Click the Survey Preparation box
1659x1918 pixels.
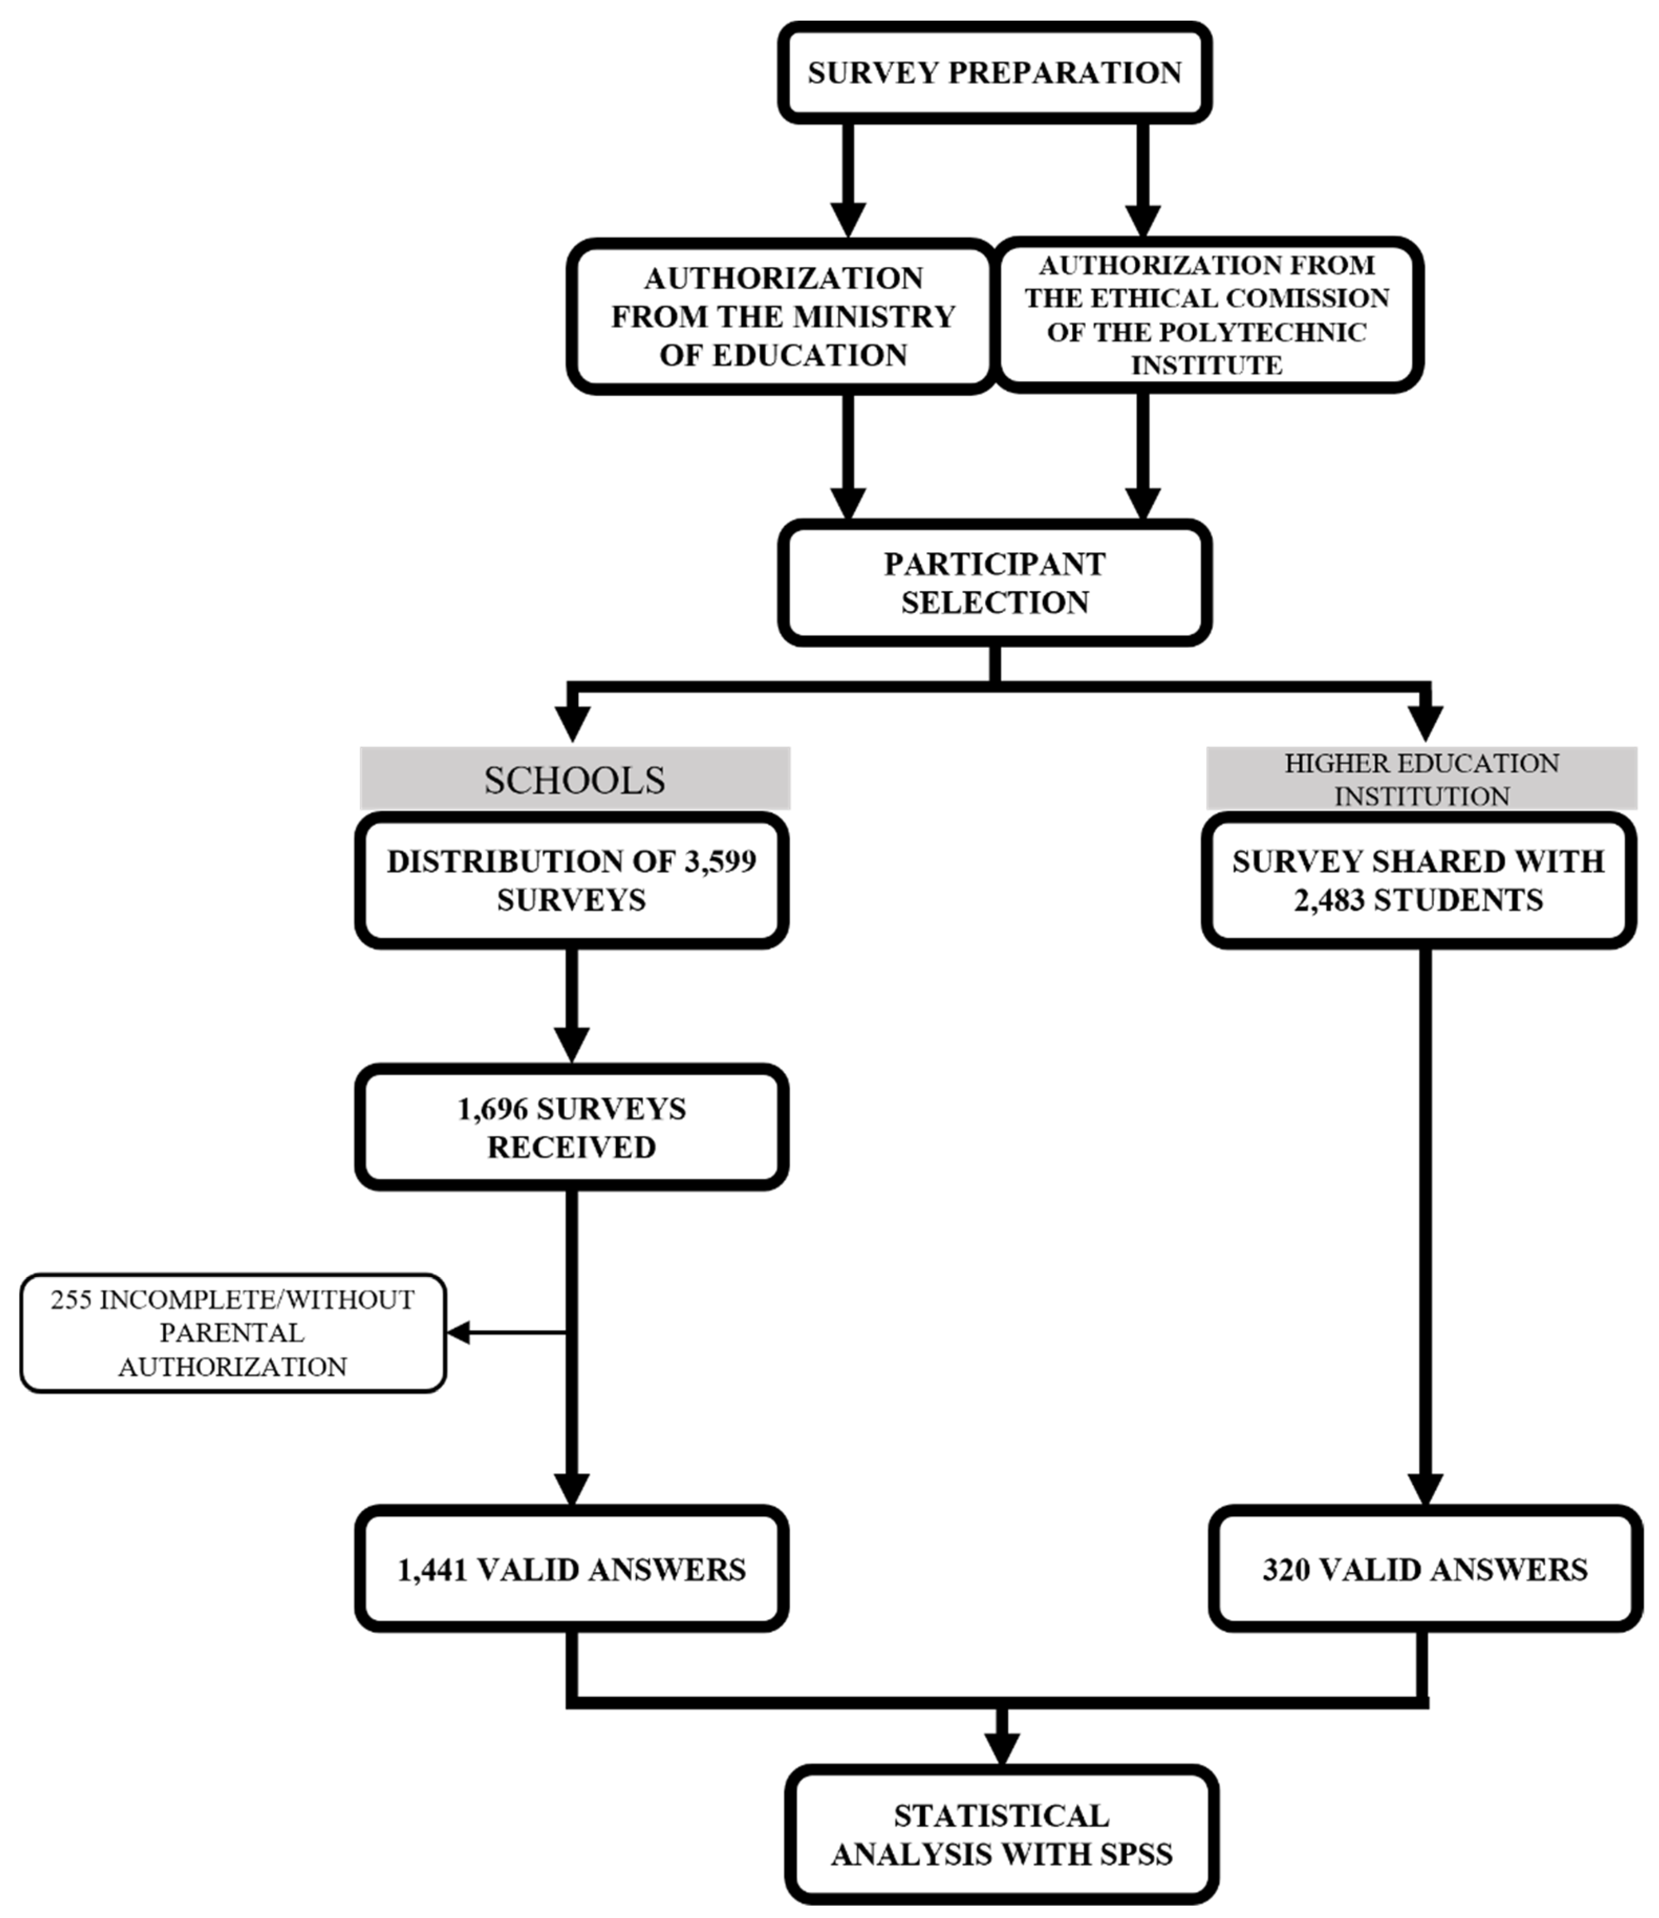tap(994, 72)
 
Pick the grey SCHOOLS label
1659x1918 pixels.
tap(574, 780)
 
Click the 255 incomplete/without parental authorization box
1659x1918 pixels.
tap(232, 1333)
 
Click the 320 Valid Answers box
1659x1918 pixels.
tap(1425, 1570)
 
